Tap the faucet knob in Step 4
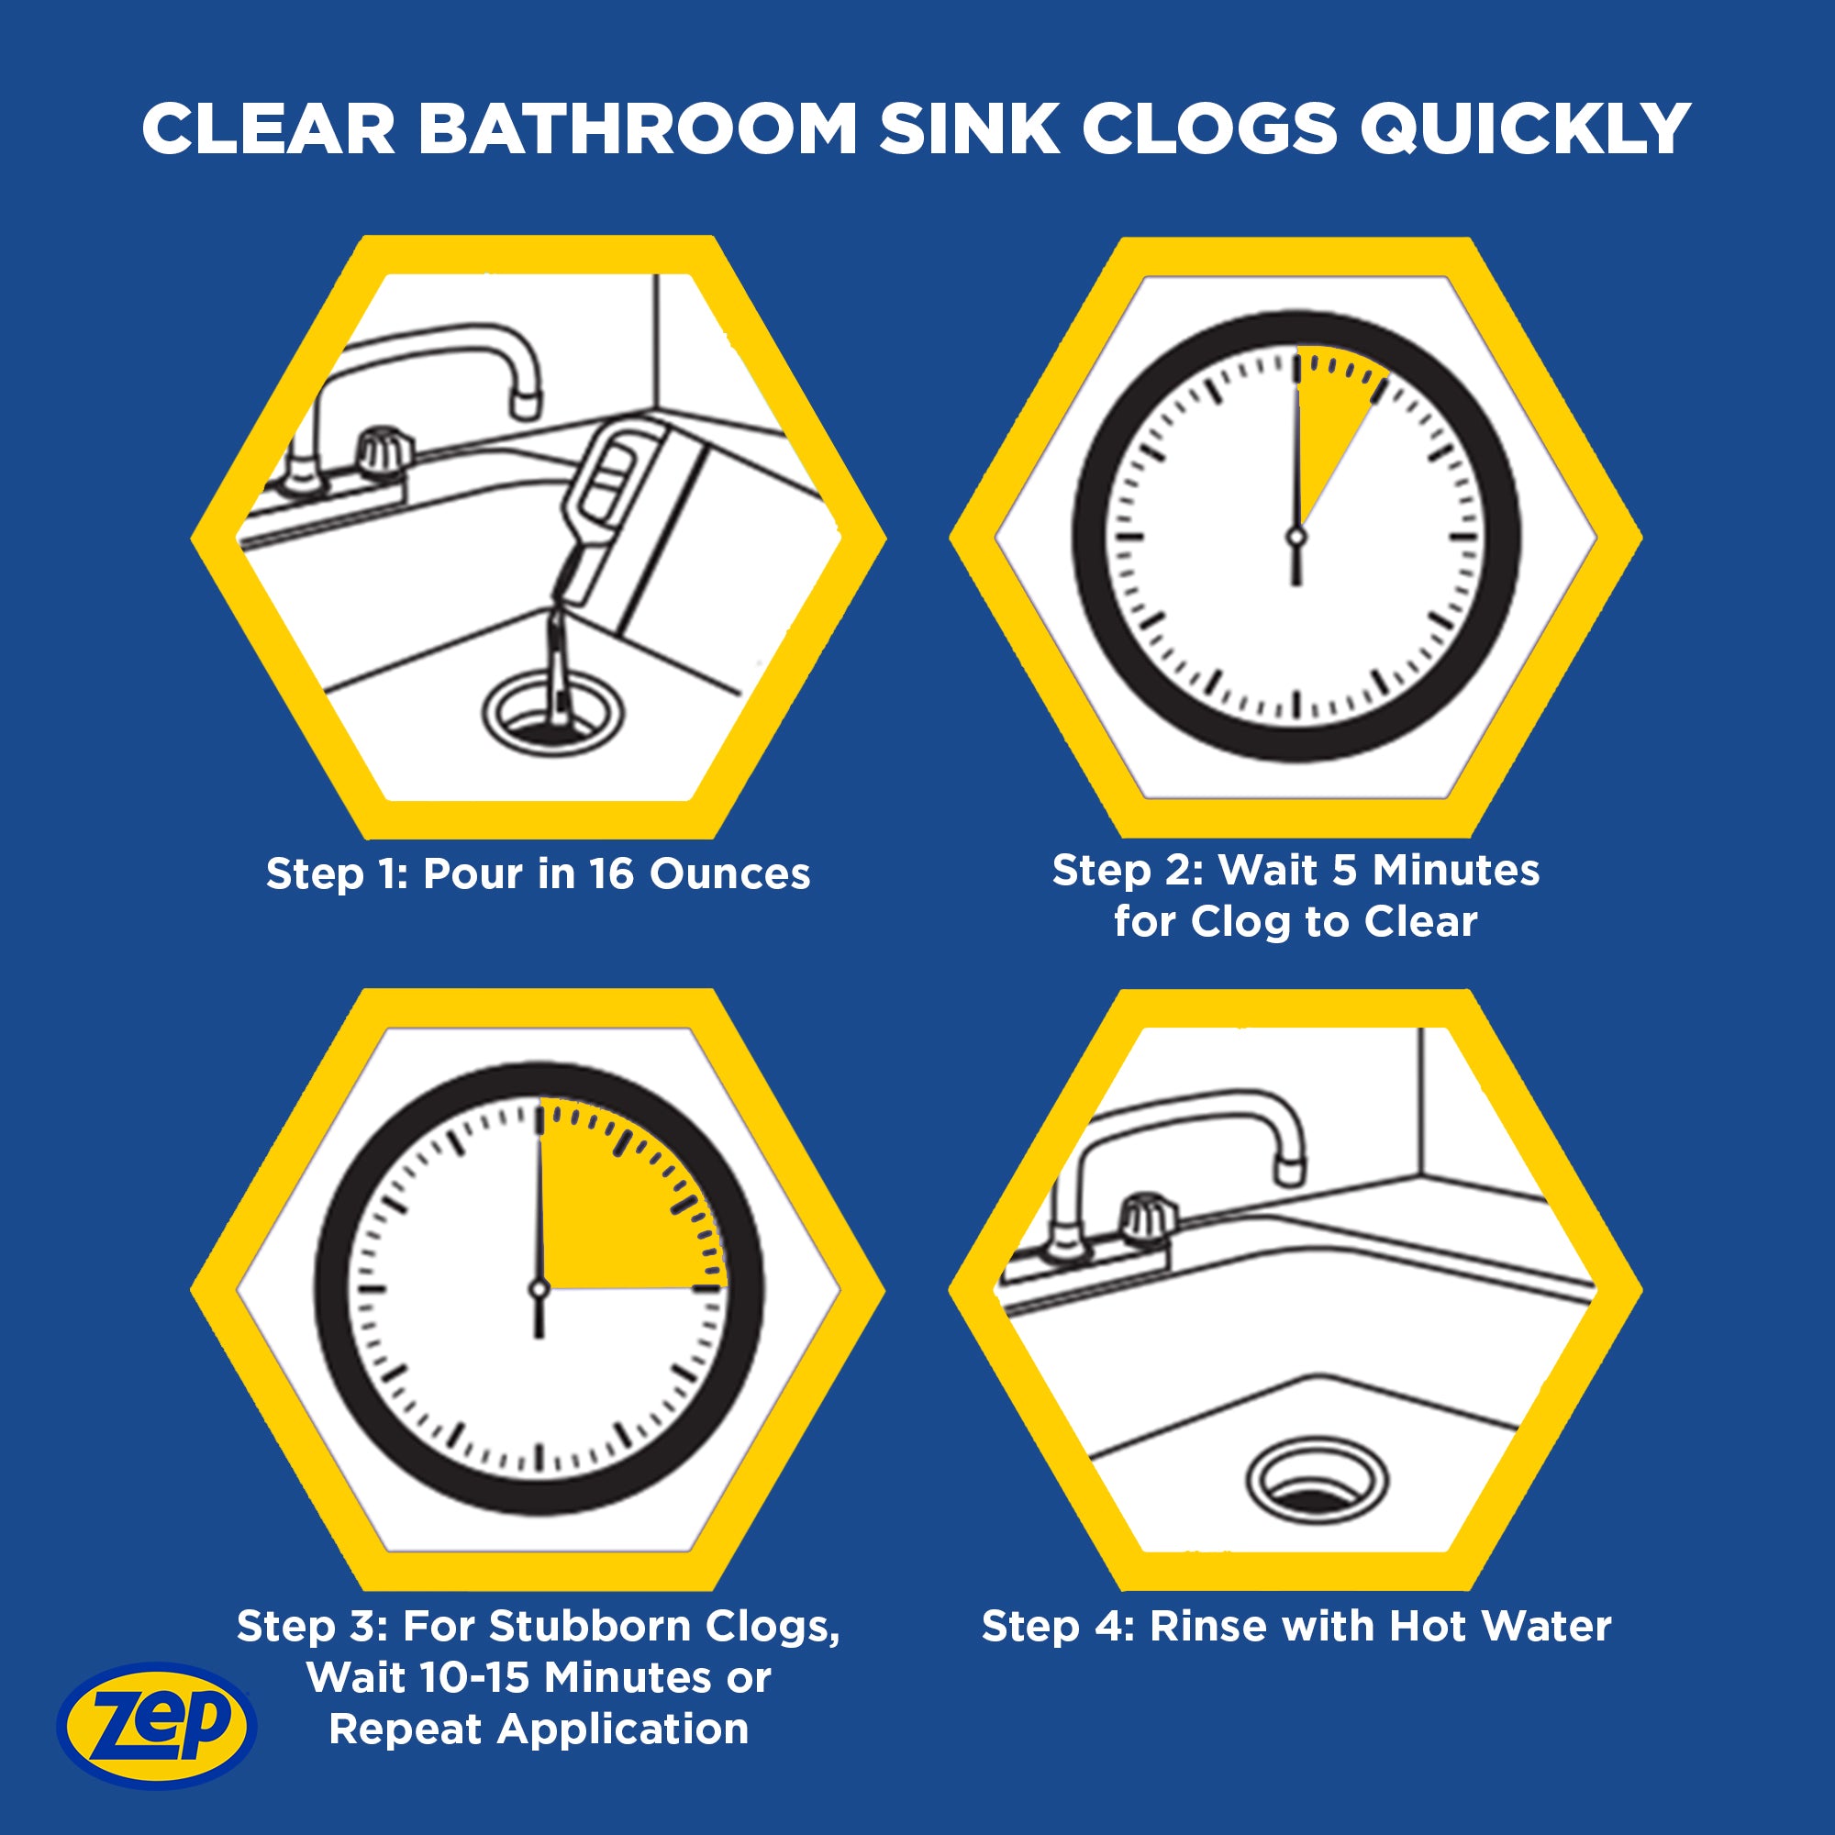click(1148, 1218)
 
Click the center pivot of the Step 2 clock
click(1296, 538)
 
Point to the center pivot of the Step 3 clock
click(539, 1289)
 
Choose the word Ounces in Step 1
click(729, 873)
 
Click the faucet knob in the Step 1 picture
click(384, 450)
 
